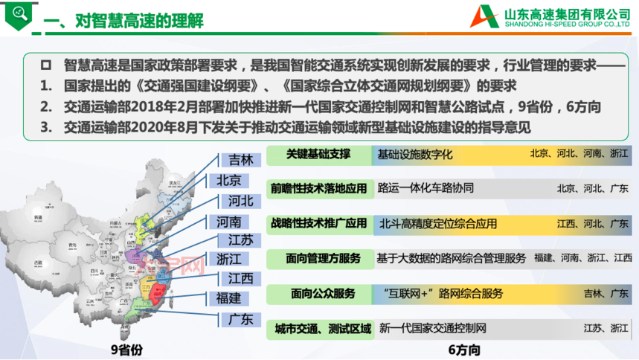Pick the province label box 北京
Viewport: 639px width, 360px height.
click(x=229, y=180)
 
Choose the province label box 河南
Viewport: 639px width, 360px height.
click(x=229, y=221)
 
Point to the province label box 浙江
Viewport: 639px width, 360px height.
click(x=229, y=259)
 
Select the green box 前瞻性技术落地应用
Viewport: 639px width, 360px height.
click(x=319, y=188)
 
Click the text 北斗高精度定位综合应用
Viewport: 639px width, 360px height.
click(x=438, y=223)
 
